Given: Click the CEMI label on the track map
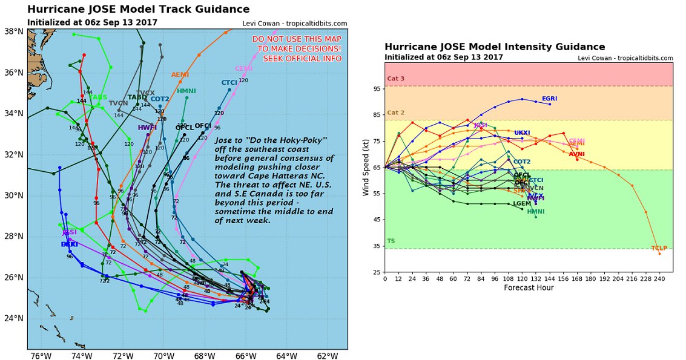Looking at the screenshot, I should [x=243, y=69].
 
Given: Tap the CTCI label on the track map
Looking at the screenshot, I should [x=229, y=82].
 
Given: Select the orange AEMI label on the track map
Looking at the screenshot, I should [x=180, y=75].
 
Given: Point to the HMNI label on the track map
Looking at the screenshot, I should [x=186, y=91].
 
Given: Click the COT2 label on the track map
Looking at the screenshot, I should [x=160, y=99].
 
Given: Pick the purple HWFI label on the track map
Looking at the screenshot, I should [x=147, y=128].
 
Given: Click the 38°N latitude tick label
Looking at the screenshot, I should [x=13, y=31].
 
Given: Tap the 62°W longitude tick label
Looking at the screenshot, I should [x=327, y=356].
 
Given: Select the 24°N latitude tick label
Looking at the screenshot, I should [x=13, y=319].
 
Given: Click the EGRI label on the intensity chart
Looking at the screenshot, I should [x=549, y=98].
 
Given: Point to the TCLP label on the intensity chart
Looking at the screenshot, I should [x=658, y=248].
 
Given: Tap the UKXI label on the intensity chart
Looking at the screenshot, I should [x=522, y=133].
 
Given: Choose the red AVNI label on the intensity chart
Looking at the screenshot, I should [x=576, y=154].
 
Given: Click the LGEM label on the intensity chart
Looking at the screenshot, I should [x=521, y=203].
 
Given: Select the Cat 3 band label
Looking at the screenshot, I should [x=396, y=79].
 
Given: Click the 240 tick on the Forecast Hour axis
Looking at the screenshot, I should [x=659, y=278].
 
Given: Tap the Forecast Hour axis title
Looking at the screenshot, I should [x=529, y=288].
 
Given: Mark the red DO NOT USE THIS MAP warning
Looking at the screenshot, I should [x=297, y=49].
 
